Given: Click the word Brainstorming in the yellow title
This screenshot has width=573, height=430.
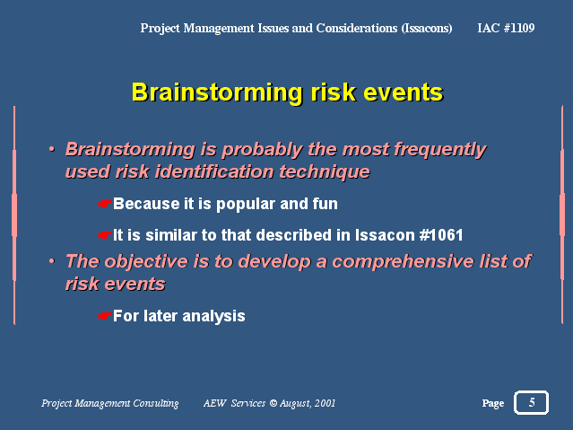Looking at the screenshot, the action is tap(217, 93).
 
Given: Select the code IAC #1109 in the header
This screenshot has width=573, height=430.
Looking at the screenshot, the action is tap(506, 28).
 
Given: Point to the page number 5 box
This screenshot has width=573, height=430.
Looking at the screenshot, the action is tap(532, 402).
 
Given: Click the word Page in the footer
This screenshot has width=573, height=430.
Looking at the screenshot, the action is tap(493, 403).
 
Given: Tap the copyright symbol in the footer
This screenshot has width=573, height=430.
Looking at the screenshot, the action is tap(273, 403).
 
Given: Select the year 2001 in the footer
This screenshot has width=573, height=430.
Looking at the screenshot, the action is tap(325, 403).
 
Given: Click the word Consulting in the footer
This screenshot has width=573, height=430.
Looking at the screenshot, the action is tap(156, 403).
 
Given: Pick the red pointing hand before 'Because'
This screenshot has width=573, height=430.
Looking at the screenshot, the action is tap(104, 204).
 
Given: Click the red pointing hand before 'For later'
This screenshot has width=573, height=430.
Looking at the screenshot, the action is tap(104, 316).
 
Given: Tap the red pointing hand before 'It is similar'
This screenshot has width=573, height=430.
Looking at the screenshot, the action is tap(104, 235).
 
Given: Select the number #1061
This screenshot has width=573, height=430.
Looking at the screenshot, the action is tap(441, 235).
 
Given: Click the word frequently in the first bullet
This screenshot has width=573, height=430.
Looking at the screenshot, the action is tap(440, 150).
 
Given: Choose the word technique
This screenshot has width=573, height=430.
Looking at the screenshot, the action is tap(325, 172).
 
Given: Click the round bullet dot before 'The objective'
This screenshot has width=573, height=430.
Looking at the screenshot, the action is tap(52, 261).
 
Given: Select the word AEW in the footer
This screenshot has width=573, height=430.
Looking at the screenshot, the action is tap(215, 403).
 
